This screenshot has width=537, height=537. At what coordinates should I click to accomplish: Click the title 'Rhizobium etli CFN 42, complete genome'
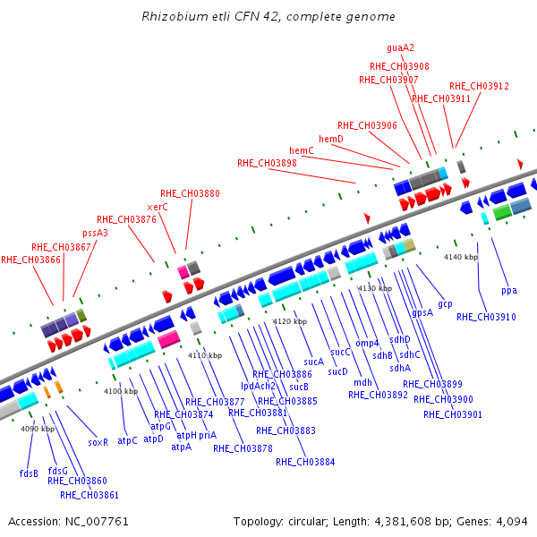pos(268,17)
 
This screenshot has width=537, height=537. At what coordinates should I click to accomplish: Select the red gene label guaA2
pos(400,48)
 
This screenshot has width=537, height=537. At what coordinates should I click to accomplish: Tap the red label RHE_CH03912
pos(479,86)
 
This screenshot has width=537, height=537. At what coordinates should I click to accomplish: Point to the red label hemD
pos(331,139)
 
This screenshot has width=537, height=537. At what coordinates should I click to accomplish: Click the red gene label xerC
pos(158,207)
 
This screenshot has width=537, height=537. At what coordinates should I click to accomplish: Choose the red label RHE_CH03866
pos(31,260)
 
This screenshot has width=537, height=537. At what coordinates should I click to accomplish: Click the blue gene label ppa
pos(509,290)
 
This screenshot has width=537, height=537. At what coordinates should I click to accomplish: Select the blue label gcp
pos(445,303)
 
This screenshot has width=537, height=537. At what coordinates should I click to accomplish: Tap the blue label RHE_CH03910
pos(486,317)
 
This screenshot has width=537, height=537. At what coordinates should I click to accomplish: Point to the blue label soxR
pos(98,441)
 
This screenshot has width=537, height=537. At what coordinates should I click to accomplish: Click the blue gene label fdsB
pos(29,473)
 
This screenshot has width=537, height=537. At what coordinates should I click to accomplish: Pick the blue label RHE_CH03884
pos(305,462)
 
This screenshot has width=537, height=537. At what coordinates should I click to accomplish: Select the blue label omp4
pos(367,343)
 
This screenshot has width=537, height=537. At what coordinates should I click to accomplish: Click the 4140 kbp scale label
pos(461,257)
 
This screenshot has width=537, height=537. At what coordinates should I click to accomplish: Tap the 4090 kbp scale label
pos(38,429)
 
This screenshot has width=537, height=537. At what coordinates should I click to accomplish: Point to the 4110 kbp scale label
pos(204,355)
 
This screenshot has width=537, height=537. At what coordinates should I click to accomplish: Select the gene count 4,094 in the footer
pos(512,521)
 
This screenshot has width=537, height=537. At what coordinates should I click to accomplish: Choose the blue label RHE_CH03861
pos(89,494)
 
